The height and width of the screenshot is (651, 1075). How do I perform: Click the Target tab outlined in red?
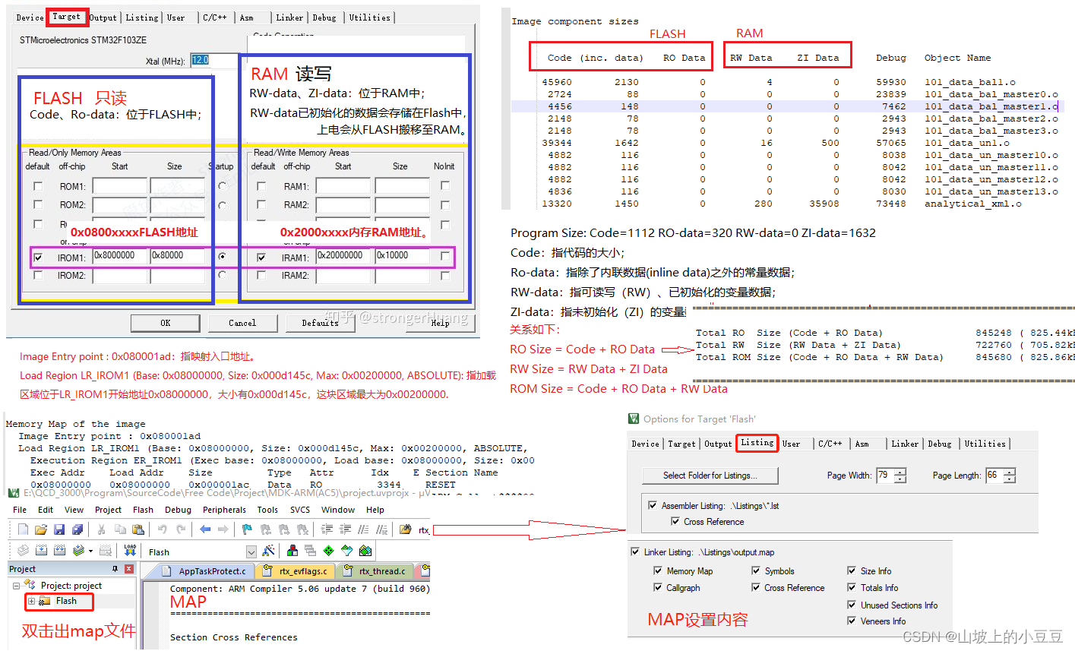click(67, 17)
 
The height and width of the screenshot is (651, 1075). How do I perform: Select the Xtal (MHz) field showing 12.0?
click(201, 60)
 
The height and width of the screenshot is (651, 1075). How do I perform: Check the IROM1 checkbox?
click(38, 258)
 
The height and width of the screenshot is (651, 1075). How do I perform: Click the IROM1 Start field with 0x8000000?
click(119, 256)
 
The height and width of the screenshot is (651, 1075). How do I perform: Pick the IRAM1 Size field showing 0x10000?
click(402, 256)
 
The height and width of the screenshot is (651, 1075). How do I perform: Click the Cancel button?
click(242, 323)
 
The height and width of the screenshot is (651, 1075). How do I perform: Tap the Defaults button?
click(320, 323)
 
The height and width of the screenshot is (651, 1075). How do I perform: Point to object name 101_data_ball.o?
click(969, 82)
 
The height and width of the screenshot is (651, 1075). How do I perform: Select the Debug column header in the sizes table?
click(890, 58)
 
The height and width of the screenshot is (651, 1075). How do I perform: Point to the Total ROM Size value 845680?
click(994, 357)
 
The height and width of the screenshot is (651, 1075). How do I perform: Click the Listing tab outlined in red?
click(757, 443)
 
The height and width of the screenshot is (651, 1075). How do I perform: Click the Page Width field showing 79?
click(884, 476)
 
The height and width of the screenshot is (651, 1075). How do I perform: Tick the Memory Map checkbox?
click(658, 570)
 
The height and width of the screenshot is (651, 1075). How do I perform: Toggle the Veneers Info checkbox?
click(852, 621)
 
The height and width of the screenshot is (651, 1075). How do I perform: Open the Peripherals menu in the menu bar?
click(224, 510)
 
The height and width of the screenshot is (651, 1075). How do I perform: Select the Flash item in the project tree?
click(66, 601)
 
